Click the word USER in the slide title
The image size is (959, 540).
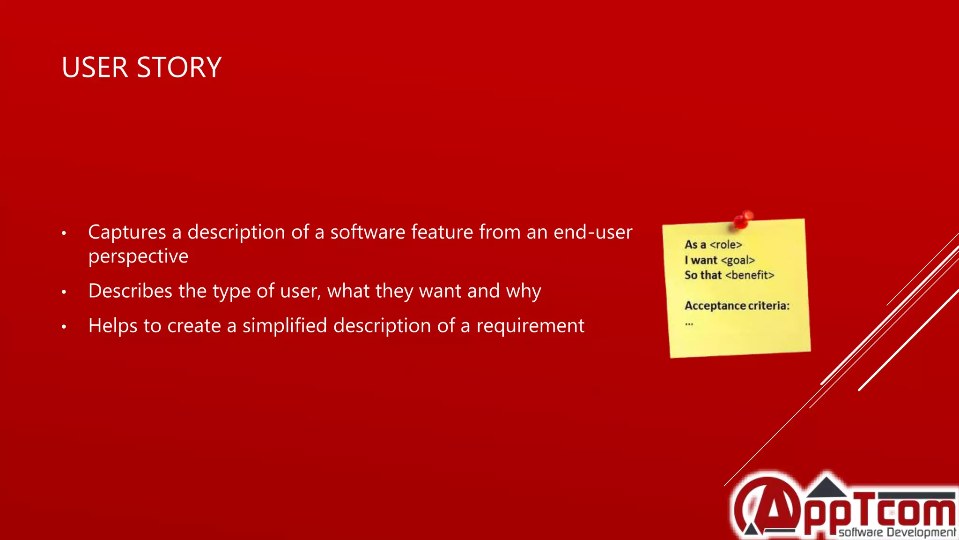click(x=95, y=67)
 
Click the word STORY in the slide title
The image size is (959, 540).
click(x=179, y=67)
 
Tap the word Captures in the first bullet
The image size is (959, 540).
click(x=127, y=232)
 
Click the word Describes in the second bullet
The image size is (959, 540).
click(x=130, y=291)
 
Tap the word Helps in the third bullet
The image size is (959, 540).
click(x=112, y=326)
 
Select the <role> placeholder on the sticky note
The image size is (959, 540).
click(x=726, y=245)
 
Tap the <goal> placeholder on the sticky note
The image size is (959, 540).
click(x=738, y=261)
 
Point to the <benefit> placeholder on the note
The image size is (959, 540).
click(x=750, y=275)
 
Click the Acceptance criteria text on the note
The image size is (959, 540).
click(x=737, y=306)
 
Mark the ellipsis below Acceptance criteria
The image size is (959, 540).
click(x=689, y=323)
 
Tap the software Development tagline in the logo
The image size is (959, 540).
click(x=897, y=532)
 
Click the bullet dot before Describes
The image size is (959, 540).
click(x=64, y=292)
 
